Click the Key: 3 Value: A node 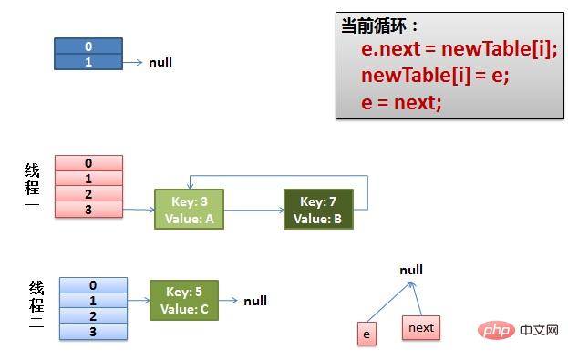coord(189,210)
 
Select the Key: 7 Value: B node coord(317,210)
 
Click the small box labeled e coord(367,334)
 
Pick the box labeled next coord(421,327)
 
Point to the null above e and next coord(411,271)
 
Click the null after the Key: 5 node coord(255,301)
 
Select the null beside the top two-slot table coord(160,63)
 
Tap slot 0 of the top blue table coord(88,46)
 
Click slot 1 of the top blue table coord(88,61)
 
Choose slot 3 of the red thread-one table coord(88,210)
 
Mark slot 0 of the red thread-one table coord(88,163)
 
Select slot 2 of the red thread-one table coord(88,194)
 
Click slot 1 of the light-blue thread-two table coord(93,301)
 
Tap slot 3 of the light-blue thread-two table coord(93,332)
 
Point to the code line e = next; coord(401,102)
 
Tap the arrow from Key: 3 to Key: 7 coord(253,211)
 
